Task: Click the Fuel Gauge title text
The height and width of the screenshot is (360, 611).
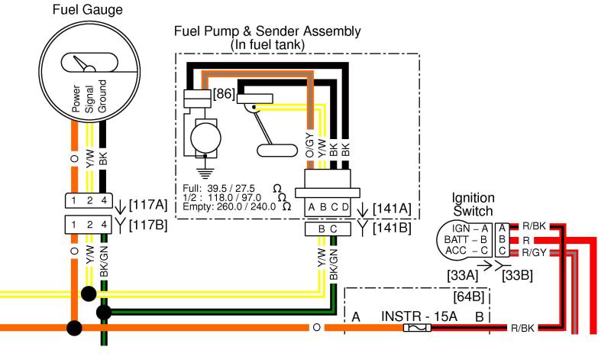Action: [87, 10]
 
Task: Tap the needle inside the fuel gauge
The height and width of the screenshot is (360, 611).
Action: [81, 63]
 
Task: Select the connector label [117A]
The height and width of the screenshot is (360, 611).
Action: [147, 204]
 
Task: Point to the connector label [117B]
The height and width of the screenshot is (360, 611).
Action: [147, 225]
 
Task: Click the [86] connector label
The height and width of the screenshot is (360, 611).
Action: [224, 93]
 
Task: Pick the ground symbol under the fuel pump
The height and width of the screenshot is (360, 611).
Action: [205, 172]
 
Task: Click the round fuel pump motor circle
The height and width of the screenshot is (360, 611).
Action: [205, 138]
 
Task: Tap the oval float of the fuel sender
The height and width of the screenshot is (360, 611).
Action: [277, 151]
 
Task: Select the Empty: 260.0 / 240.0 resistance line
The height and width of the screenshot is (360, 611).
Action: [237, 206]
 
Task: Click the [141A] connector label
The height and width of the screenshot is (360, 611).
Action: [392, 209]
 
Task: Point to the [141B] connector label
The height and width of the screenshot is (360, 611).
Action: [392, 228]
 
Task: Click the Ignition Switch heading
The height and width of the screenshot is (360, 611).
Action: [473, 204]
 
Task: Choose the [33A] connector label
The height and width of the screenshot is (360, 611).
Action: [462, 275]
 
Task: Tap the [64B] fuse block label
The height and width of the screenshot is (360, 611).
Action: [468, 297]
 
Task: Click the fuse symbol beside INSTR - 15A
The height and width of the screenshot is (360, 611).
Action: [417, 328]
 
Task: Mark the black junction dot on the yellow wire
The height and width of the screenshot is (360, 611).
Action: [89, 294]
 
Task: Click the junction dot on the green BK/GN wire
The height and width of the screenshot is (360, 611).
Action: [104, 312]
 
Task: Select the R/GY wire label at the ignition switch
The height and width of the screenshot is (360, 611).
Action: [533, 253]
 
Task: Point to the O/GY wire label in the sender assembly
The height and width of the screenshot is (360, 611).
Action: [309, 145]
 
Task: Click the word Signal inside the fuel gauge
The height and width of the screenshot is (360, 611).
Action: [89, 99]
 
